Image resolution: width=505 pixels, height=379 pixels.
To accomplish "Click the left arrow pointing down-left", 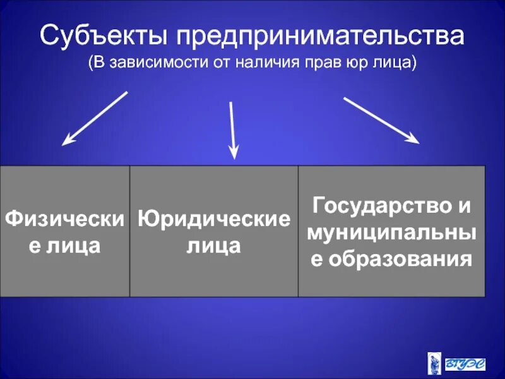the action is tap(95, 119).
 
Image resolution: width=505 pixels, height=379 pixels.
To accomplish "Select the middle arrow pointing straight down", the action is tap(232, 129).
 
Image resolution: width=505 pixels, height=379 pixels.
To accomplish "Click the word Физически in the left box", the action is tap(64, 219).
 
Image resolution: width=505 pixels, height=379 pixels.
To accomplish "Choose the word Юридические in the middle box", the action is tap(214, 219).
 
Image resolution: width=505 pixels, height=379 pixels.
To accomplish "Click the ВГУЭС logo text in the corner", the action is tap(468, 364).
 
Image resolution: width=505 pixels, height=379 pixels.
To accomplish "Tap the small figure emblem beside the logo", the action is tap(436, 364).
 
